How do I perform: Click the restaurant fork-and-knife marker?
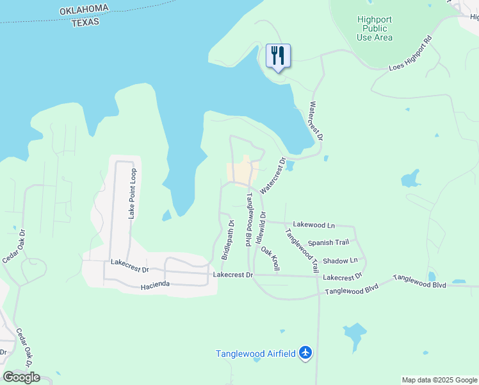(278, 56)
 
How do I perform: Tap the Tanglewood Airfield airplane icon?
(305, 353)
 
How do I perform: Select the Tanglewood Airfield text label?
(256, 354)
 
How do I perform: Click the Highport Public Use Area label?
(375, 28)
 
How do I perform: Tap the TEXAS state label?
(85, 22)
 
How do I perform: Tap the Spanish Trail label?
(328, 243)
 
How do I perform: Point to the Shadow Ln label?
(340, 261)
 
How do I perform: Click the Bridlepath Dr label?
(228, 240)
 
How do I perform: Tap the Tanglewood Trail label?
(302, 250)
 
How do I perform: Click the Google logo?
(21, 377)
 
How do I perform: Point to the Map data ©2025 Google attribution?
(439, 380)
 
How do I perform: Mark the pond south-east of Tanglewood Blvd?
(354, 334)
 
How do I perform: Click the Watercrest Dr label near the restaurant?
(316, 121)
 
